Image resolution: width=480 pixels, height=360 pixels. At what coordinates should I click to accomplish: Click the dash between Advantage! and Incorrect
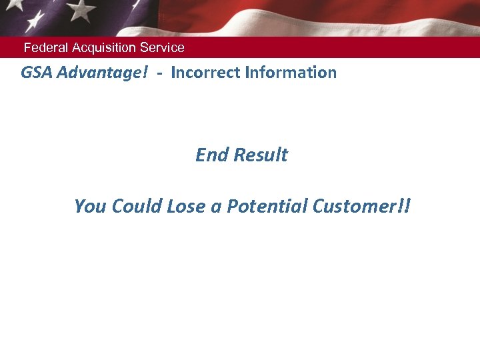[160, 73]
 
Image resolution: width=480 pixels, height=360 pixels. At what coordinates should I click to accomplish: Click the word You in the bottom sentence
[89, 207]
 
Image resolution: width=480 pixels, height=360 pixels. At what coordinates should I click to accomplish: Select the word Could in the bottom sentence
[135, 207]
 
